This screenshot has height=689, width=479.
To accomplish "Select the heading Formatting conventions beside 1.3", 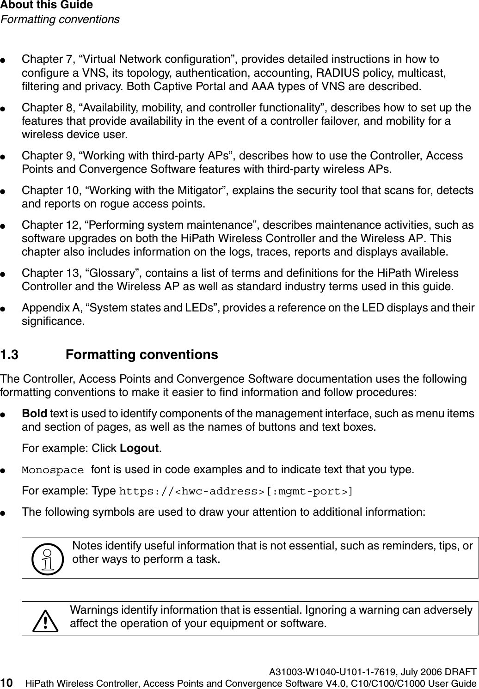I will point(142,355).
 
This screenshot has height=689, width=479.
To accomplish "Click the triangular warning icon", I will point(45,620).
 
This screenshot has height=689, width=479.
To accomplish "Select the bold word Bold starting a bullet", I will point(37,413).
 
